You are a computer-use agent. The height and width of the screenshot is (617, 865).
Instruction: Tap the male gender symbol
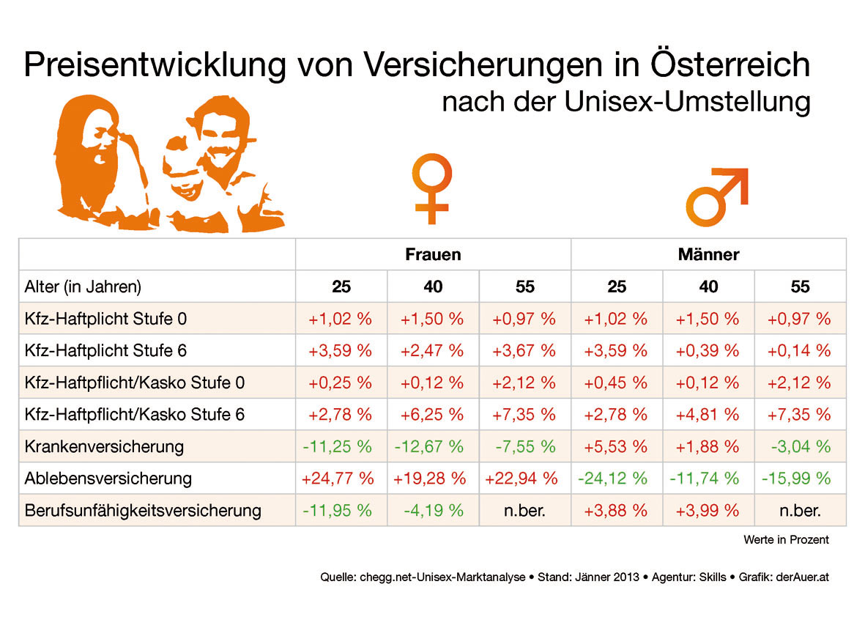click(x=716, y=196)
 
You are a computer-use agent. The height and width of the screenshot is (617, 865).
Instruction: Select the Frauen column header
click(x=433, y=254)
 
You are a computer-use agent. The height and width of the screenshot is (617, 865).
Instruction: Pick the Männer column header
click(x=708, y=254)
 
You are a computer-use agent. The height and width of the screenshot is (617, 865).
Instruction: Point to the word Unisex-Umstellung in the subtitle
click(x=688, y=101)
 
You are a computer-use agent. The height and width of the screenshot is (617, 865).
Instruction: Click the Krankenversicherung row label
click(x=104, y=446)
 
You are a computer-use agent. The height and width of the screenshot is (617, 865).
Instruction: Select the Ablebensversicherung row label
click(x=108, y=479)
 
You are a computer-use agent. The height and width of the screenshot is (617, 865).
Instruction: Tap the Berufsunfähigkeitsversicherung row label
click(x=143, y=510)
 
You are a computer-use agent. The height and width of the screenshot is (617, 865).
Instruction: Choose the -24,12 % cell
click(x=617, y=479)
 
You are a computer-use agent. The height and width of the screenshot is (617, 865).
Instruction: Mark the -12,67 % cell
click(x=433, y=446)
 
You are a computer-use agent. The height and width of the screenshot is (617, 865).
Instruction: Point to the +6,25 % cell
click(x=433, y=415)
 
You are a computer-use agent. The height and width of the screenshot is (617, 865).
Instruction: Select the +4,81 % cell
click(x=708, y=415)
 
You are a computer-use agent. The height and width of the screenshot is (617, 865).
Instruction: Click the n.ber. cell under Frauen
click(x=525, y=510)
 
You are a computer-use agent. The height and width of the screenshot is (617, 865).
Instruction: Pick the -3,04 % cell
click(x=800, y=446)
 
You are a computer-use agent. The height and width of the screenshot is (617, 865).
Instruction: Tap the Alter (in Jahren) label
click(x=83, y=287)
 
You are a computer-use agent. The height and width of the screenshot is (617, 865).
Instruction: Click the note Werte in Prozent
click(x=786, y=540)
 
